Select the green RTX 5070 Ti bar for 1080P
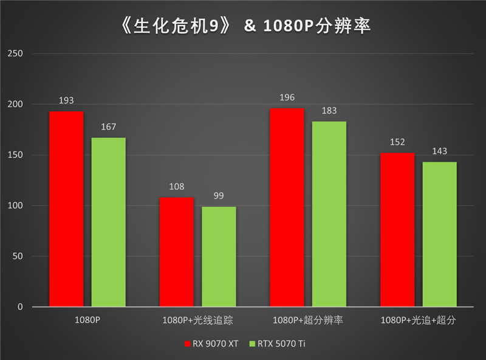pyautogui.click(x=109, y=222)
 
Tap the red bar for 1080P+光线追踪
pyautogui.click(x=176, y=252)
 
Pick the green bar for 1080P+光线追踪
pyautogui.click(x=219, y=257)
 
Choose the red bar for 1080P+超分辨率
pyautogui.click(x=287, y=207)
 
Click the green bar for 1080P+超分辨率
pyautogui.click(x=329, y=214)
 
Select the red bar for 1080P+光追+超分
pyautogui.click(x=397, y=230)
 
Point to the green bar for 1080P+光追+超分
pyautogui.click(x=439, y=234)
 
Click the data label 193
pyautogui.click(x=66, y=100)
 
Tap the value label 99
pyautogui.click(x=219, y=195)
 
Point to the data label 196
pyautogui.click(x=287, y=97)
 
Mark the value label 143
pyautogui.click(x=439, y=150)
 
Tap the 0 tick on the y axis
pyautogui.click(x=20, y=307)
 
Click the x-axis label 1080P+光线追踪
pyautogui.click(x=197, y=320)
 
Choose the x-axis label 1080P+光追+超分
pyautogui.click(x=418, y=320)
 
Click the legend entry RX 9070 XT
pyautogui.click(x=211, y=344)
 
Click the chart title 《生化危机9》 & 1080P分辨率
pyautogui.click(x=243, y=25)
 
